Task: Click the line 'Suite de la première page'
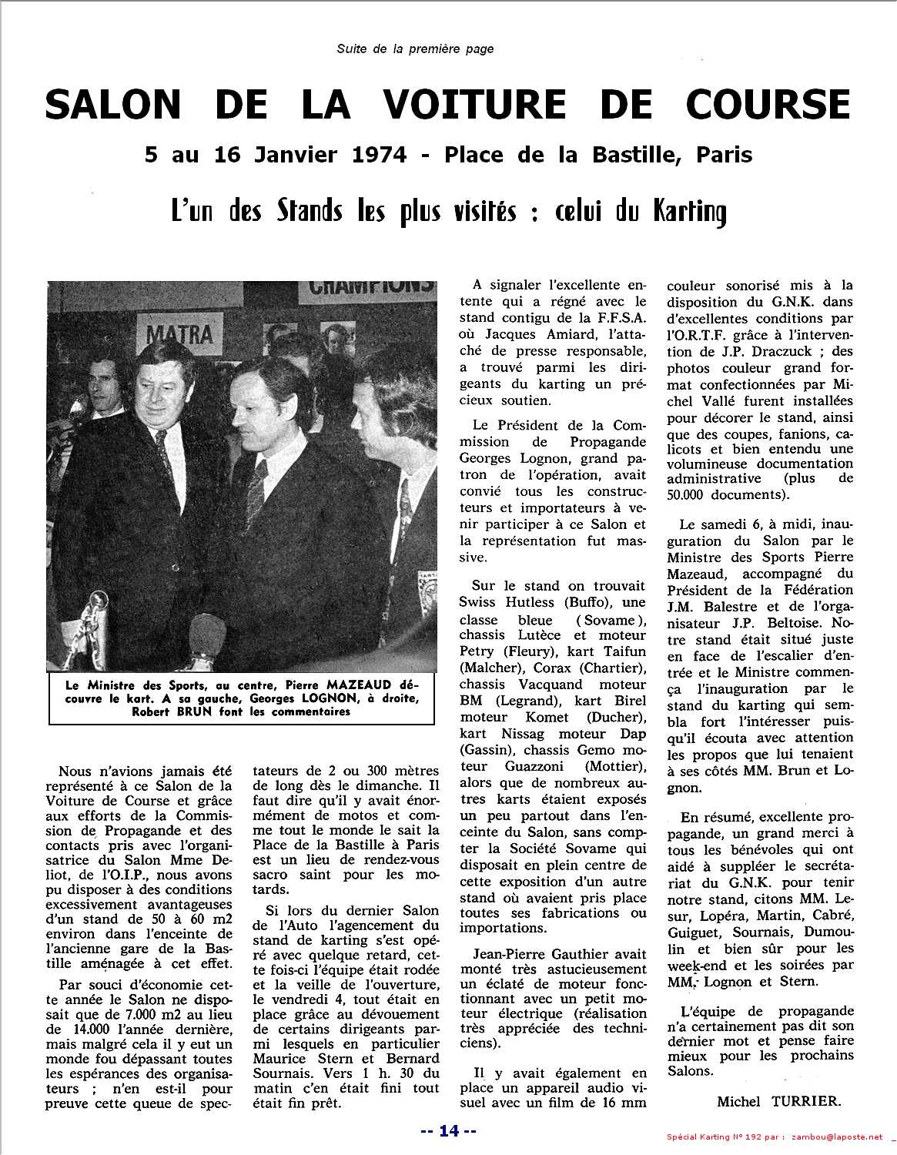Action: tap(415, 49)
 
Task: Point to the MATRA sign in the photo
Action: tap(179, 333)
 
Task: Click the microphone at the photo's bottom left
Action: tap(98, 608)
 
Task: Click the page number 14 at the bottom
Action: tap(449, 1130)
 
